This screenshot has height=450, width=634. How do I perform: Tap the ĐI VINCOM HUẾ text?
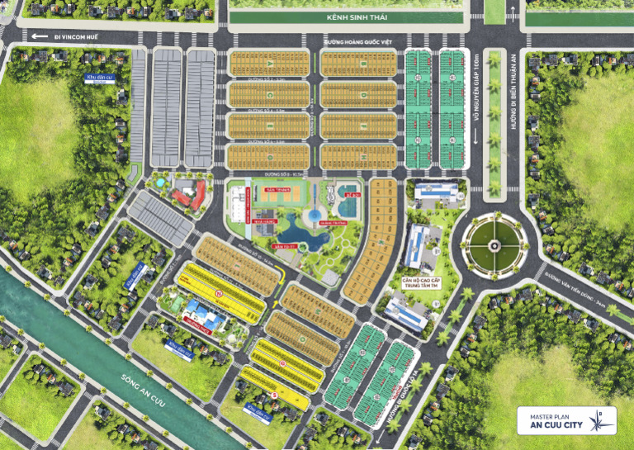click(70, 36)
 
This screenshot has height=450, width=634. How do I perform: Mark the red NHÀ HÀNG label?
click(264, 220)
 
